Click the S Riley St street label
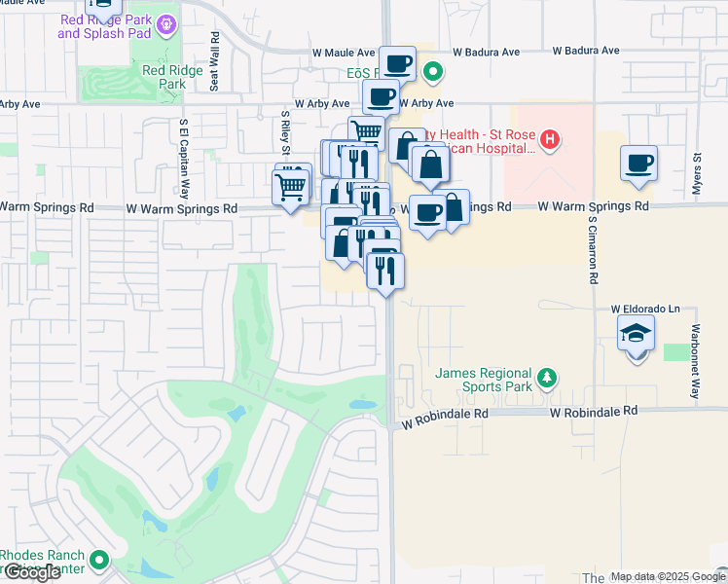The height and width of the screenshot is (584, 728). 285,132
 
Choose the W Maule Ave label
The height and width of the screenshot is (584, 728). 344,53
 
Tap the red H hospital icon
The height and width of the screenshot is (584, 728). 550,140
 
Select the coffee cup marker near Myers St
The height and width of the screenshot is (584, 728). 638,164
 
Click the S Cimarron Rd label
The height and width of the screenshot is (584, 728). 591,249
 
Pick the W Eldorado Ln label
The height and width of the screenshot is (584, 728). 645,309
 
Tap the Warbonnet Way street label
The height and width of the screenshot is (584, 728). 695,361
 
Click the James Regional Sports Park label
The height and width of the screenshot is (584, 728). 483,380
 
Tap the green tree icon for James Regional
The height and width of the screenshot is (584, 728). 547,378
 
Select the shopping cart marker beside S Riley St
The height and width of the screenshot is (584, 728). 292,185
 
